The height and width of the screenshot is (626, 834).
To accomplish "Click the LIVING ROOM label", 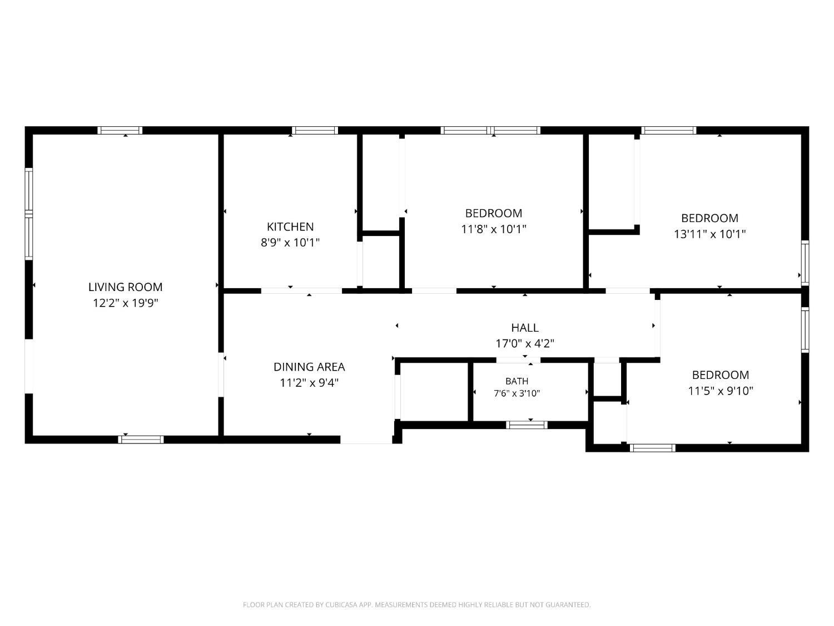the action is tap(126, 287).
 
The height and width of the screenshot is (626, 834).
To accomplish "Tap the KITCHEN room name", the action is tap(290, 227).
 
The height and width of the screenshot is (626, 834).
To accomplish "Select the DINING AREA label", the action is tap(309, 367).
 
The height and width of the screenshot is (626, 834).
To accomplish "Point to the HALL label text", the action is tap(525, 328).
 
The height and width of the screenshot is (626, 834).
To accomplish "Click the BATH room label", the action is tap(517, 381).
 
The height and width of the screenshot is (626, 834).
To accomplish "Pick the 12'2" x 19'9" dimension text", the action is tap(126, 303).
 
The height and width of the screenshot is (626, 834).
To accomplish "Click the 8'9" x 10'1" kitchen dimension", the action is tap(290, 243).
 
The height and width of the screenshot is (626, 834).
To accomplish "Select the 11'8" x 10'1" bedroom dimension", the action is tap(494, 229).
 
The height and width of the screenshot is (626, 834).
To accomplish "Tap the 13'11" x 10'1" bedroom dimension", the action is tap(710, 234).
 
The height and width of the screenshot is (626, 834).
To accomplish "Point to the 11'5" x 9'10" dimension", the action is tap(721, 391).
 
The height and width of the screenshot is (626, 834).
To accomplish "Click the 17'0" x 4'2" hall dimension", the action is tap(525, 343).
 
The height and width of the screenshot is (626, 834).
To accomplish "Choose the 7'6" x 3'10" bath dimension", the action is tap(517, 393).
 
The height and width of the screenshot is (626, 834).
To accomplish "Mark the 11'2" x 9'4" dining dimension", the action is tap(309, 383).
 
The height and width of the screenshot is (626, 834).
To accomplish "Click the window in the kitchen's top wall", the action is tap(315, 130).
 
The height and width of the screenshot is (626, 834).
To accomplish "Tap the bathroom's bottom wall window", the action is tap(526, 425).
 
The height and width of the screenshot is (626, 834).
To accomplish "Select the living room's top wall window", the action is tap(120, 130).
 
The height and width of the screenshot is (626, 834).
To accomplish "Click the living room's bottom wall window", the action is tap(141, 440).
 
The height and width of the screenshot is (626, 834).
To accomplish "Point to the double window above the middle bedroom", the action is tap(490, 130).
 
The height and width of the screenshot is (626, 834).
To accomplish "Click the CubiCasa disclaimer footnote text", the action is tap(417, 604).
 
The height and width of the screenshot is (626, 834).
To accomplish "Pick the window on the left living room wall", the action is tap(29, 214).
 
